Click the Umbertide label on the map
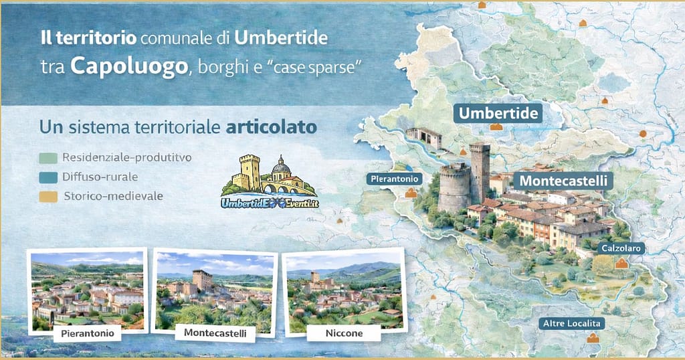pyautogui.click(x=498, y=113)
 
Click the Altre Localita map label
pyautogui.click(x=574, y=323)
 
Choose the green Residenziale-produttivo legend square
pyautogui.click(x=46, y=159)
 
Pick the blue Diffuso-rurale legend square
pyautogui.click(x=46, y=177)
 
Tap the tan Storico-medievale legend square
pyautogui.click(x=46, y=197)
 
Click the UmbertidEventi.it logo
pyautogui.click(x=269, y=181)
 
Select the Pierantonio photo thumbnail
pyautogui.click(x=86, y=291)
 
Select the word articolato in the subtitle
pyautogui.click(x=271, y=127)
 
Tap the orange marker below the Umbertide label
pyautogui.click(x=496, y=126)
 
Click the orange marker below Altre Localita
pyautogui.click(x=592, y=339)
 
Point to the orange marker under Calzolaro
pyautogui.click(x=622, y=264)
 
